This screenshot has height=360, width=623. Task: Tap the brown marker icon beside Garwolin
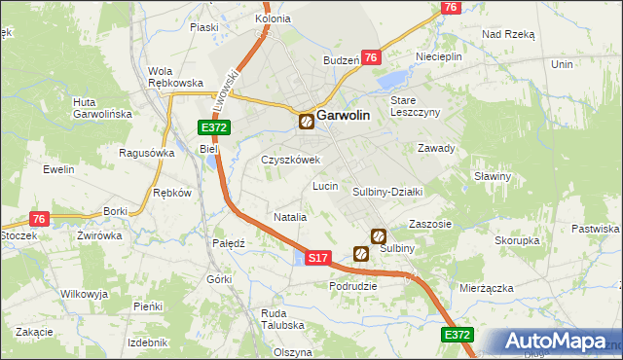point(307,122)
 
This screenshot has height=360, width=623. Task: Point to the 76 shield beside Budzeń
point(370,58)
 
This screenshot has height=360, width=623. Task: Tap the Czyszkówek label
point(290,160)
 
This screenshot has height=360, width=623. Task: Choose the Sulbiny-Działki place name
point(386,192)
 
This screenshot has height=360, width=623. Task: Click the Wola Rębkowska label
point(174,77)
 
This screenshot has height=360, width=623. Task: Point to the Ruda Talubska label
point(281,320)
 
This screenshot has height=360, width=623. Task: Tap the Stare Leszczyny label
point(416,106)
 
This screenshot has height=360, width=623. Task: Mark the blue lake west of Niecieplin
point(391,79)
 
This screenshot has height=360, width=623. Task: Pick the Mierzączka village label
point(486,288)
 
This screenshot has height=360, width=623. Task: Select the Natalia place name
point(291,217)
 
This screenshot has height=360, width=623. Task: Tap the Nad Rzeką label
point(508,33)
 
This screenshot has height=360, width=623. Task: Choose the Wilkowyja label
point(83,293)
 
